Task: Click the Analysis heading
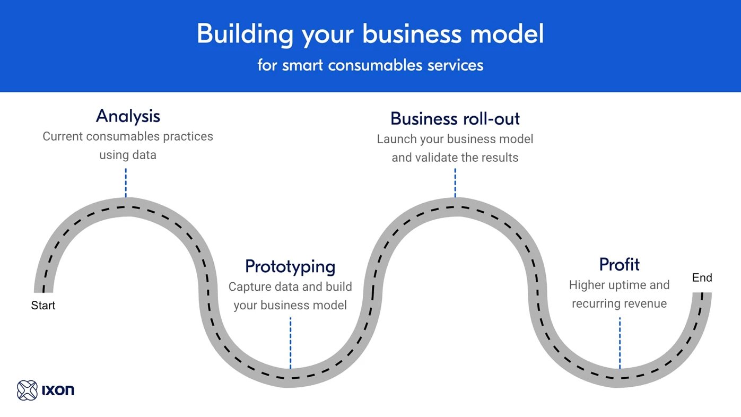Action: (x=128, y=116)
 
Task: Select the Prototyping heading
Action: (x=290, y=266)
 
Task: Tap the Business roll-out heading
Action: (x=455, y=118)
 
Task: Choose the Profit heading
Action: (x=619, y=264)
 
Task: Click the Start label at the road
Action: (x=43, y=306)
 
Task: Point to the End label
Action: (x=702, y=277)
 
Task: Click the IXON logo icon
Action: (x=27, y=390)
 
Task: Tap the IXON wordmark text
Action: (x=58, y=390)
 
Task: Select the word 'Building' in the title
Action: (x=245, y=34)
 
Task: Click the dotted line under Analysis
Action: (x=126, y=183)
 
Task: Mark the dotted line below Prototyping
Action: (x=290, y=342)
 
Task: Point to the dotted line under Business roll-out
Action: (x=455, y=183)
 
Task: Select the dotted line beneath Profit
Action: (x=619, y=342)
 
